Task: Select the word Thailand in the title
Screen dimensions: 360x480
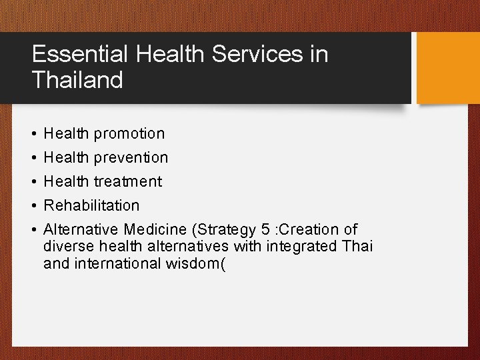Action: click(77, 81)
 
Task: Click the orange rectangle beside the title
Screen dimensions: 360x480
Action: click(447, 67)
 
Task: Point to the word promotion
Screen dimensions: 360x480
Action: click(129, 134)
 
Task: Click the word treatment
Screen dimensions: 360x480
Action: click(127, 181)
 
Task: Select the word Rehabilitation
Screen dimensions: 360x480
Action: click(91, 205)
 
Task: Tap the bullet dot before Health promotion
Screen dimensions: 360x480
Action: click(33, 134)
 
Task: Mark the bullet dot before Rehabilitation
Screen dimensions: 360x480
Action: click(33, 206)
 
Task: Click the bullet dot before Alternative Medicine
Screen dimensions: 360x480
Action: click(33, 230)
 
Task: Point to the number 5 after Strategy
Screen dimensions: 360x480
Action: click(265, 229)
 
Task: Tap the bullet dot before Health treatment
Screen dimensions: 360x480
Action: click(33, 182)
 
